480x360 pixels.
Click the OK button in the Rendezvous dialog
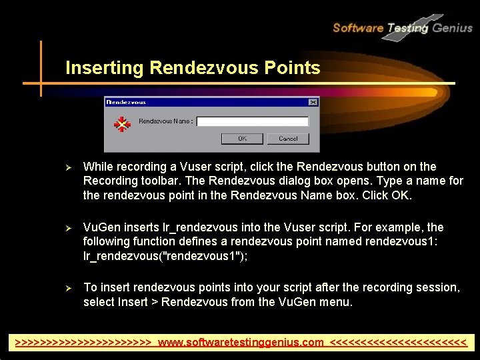(x=242, y=139)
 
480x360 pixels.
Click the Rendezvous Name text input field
(x=252, y=121)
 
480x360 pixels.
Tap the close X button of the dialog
(x=313, y=102)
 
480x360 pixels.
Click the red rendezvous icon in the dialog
(x=121, y=123)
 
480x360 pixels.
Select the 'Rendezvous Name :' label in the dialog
(x=165, y=121)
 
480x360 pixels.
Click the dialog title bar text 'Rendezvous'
(x=126, y=102)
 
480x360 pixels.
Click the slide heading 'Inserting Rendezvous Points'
(x=193, y=68)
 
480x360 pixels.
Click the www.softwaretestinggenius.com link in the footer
(x=241, y=343)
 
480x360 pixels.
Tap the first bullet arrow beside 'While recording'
(x=65, y=167)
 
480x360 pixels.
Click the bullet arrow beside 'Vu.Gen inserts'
(x=65, y=227)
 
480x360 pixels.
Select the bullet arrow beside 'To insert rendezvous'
(x=65, y=287)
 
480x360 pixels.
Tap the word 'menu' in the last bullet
(x=337, y=302)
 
